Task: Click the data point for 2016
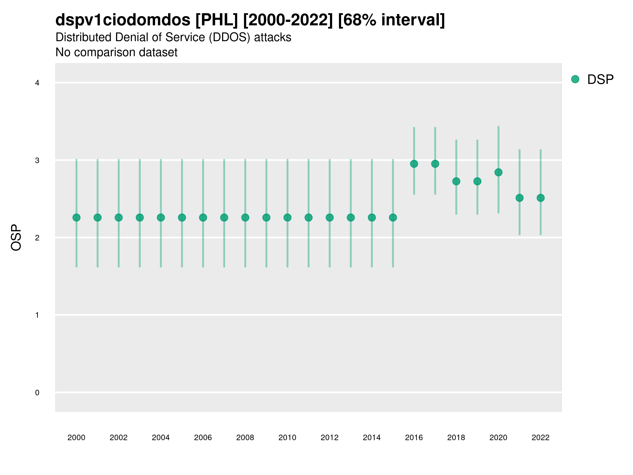coord(414,164)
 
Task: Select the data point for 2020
coord(498,172)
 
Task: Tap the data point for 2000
coord(76,218)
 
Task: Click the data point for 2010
coord(287,218)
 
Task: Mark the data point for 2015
coord(393,218)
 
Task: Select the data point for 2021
coord(519,198)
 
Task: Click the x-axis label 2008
coord(245,438)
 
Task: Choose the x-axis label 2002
coord(118,438)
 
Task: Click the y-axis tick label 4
coord(37,83)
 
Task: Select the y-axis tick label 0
coord(37,393)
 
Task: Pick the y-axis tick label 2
coord(37,238)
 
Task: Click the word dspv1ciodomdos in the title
coord(123,20)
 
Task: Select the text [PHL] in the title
coord(217,20)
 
